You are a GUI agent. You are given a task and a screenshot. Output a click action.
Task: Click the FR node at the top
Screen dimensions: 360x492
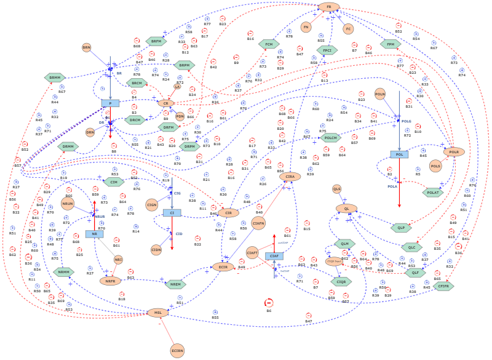(x=328, y=7)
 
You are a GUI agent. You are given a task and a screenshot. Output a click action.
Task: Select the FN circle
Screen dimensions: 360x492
(x=306, y=27)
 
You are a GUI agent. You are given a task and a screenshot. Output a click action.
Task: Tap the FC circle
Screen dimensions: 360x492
(x=348, y=29)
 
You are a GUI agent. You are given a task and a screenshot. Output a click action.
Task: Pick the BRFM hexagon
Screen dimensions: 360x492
(x=156, y=41)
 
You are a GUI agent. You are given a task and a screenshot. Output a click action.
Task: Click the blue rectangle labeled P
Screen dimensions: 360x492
(x=110, y=103)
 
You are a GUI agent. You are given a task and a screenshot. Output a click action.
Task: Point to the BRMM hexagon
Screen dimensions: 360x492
(x=55, y=78)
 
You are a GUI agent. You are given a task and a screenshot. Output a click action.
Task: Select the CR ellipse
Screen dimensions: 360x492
(x=165, y=103)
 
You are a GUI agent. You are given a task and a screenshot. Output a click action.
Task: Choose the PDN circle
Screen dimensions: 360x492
(x=180, y=116)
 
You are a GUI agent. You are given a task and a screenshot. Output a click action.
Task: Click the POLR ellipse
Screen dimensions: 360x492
(x=454, y=152)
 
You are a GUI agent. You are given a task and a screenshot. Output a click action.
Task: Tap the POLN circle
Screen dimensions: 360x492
(x=380, y=94)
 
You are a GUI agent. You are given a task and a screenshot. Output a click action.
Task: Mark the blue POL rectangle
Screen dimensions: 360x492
(x=399, y=154)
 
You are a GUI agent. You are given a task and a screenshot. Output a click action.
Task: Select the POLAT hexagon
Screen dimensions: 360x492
(x=433, y=193)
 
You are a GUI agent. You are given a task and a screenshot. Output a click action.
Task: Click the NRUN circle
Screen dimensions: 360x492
(x=68, y=204)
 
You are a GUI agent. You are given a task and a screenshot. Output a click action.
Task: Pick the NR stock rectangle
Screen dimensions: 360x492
(x=94, y=234)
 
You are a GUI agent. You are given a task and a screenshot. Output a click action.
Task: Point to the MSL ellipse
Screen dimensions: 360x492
(x=157, y=313)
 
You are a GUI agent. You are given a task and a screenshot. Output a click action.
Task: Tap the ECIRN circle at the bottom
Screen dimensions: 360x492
(x=177, y=351)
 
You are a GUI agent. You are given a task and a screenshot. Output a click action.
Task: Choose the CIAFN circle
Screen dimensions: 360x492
(x=258, y=223)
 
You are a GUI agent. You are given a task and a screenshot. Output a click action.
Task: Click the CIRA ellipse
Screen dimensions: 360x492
(x=290, y=177)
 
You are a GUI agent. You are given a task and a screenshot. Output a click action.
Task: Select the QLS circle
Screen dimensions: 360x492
(x=336, y=189)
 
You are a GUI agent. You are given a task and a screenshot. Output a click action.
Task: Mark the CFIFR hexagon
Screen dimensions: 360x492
(x=443, y=286)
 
